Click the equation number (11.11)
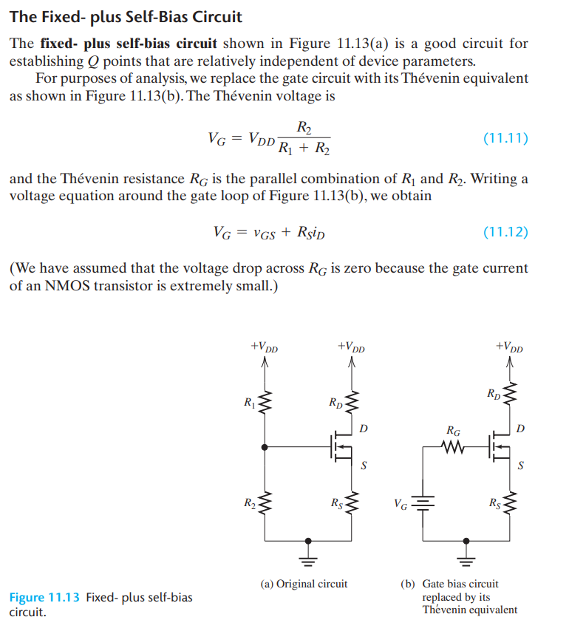505,137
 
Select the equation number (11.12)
505,232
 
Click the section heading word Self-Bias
202,16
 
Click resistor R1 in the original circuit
265,402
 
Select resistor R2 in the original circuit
265,505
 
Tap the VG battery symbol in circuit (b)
423,505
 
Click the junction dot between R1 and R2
265,446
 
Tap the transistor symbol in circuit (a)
341,446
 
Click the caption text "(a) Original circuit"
304,584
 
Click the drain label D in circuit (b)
521,428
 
